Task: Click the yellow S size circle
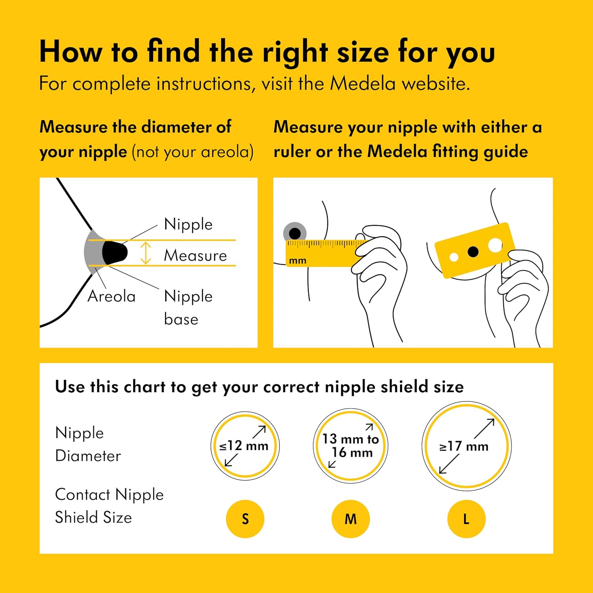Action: (x=245, y=519)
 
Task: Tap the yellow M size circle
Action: (x=351, y=519)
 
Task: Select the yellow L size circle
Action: (x=466, y=519)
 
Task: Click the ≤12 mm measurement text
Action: (x=244, y=446)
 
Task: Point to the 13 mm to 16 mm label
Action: (x=351, y=446)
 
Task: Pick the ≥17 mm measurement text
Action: (x=464, y=446)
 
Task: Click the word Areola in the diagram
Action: (x=111, y=296)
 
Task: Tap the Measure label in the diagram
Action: (x=195, y=255)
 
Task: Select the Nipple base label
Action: (x=188, y=308)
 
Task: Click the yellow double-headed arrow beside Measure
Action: (x=146, y=253)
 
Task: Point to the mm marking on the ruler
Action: (x=298, y=261)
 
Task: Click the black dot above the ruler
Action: (x=295, y=233)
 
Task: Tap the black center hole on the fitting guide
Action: (x=473, y=251)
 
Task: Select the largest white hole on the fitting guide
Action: (x=495, y=245)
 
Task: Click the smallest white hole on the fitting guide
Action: (x=454, y=257)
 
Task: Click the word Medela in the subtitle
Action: (x=363, y=84)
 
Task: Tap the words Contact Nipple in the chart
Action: (x=109, y=495)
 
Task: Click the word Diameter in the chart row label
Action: (x=88, y=456)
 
